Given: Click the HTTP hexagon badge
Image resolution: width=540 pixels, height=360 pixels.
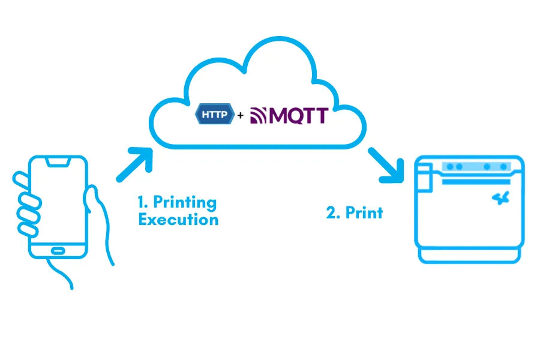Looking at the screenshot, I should (x=214, y=113).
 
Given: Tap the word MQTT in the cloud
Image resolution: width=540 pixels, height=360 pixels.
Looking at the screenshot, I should (x=298, y=114).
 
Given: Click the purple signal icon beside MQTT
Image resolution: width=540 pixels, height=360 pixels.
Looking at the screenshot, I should (x=259, y=115).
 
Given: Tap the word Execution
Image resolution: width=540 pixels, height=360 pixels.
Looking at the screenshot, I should (x=178, y=219).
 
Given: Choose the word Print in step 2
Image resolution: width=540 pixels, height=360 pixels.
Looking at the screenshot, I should (x=364, y=212).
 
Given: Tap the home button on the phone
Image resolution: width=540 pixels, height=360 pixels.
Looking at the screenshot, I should (x=58, y=250).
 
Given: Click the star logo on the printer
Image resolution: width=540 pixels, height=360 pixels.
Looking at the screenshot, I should (x=499, y=197).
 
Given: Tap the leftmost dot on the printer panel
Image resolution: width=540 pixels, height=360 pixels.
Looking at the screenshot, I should (x=450, y=166).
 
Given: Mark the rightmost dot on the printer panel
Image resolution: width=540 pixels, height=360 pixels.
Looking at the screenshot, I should (x=500, y=166).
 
